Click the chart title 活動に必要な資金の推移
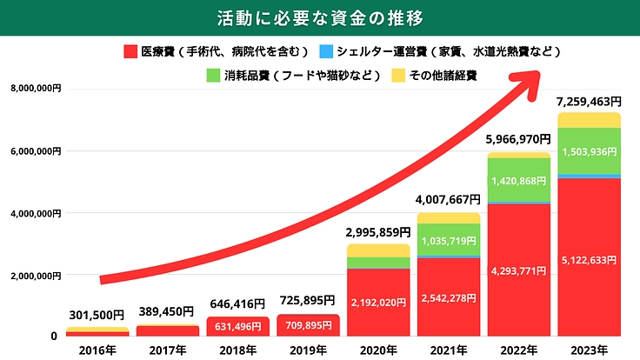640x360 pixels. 320,17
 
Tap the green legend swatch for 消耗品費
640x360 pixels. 214,75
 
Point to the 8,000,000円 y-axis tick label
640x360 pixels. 36,89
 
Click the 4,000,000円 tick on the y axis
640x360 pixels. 36,213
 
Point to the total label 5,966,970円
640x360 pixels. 518,138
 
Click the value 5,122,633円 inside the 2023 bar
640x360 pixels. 589,259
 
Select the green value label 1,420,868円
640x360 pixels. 518,182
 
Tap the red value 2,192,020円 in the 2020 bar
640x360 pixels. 378,303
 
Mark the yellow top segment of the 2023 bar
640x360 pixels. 589,120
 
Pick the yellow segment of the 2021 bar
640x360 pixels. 448,217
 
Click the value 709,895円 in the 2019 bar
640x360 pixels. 308,327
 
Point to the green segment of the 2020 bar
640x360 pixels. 378,263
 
